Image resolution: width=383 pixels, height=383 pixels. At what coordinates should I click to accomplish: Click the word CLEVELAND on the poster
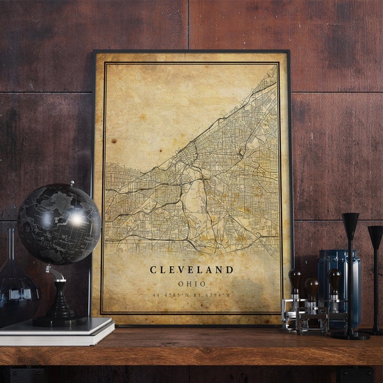(x=191, y=270)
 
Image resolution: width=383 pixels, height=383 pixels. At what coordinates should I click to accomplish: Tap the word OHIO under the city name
(x=191, y=284)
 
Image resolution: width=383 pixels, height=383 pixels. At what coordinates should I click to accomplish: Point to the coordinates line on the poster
(x=191, y=295)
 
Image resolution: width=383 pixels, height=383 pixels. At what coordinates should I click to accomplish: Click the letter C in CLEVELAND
(x=153, y=270)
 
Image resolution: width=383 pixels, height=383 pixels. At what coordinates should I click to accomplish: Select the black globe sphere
(x=59, y=223)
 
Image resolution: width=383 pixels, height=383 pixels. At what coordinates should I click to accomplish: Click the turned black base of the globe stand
(x=61, y=310)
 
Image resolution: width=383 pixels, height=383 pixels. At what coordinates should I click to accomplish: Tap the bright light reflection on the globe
(x=77, y=218)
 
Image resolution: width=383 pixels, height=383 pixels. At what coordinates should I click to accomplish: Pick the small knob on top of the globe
(x=71, y=184)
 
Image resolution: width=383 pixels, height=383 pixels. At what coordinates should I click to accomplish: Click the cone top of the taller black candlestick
(x=350, y=225)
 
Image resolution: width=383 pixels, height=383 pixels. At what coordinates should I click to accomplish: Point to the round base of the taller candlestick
(x=350, y=334)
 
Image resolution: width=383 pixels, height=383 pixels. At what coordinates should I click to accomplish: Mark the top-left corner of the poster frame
(x=94, y=52)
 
